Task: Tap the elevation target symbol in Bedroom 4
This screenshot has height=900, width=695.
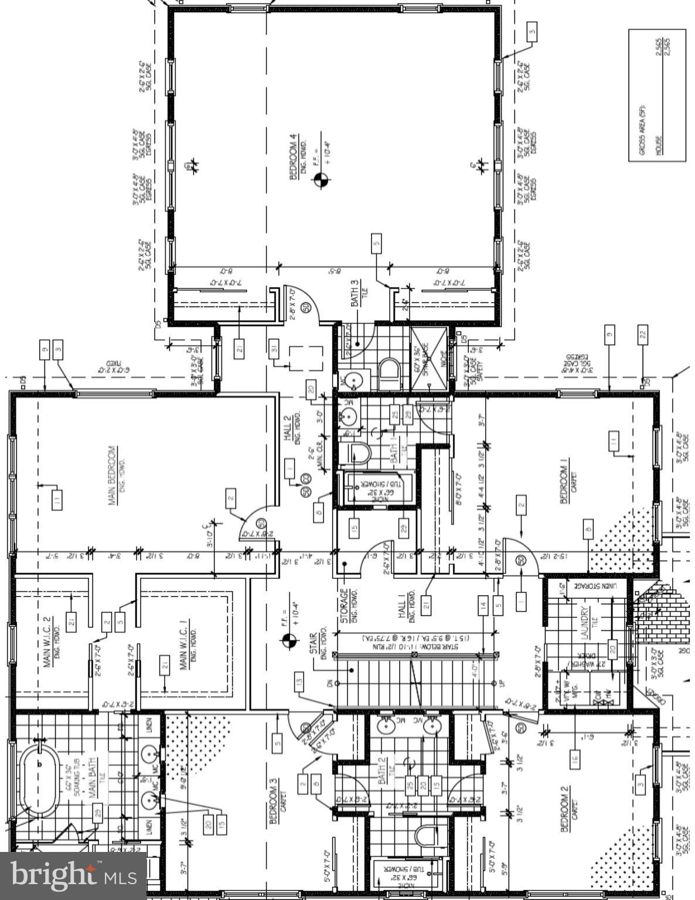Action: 320,179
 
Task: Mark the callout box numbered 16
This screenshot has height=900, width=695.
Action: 575,761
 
